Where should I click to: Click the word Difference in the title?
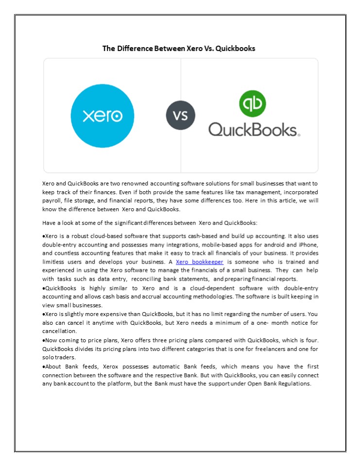[x=133, y=49]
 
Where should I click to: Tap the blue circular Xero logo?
[x=102, y=116]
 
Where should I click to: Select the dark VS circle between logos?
[x=180, y=116]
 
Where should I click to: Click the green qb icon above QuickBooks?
[x=252, y=103]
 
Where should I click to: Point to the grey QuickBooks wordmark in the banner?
[x=254, y=129]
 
